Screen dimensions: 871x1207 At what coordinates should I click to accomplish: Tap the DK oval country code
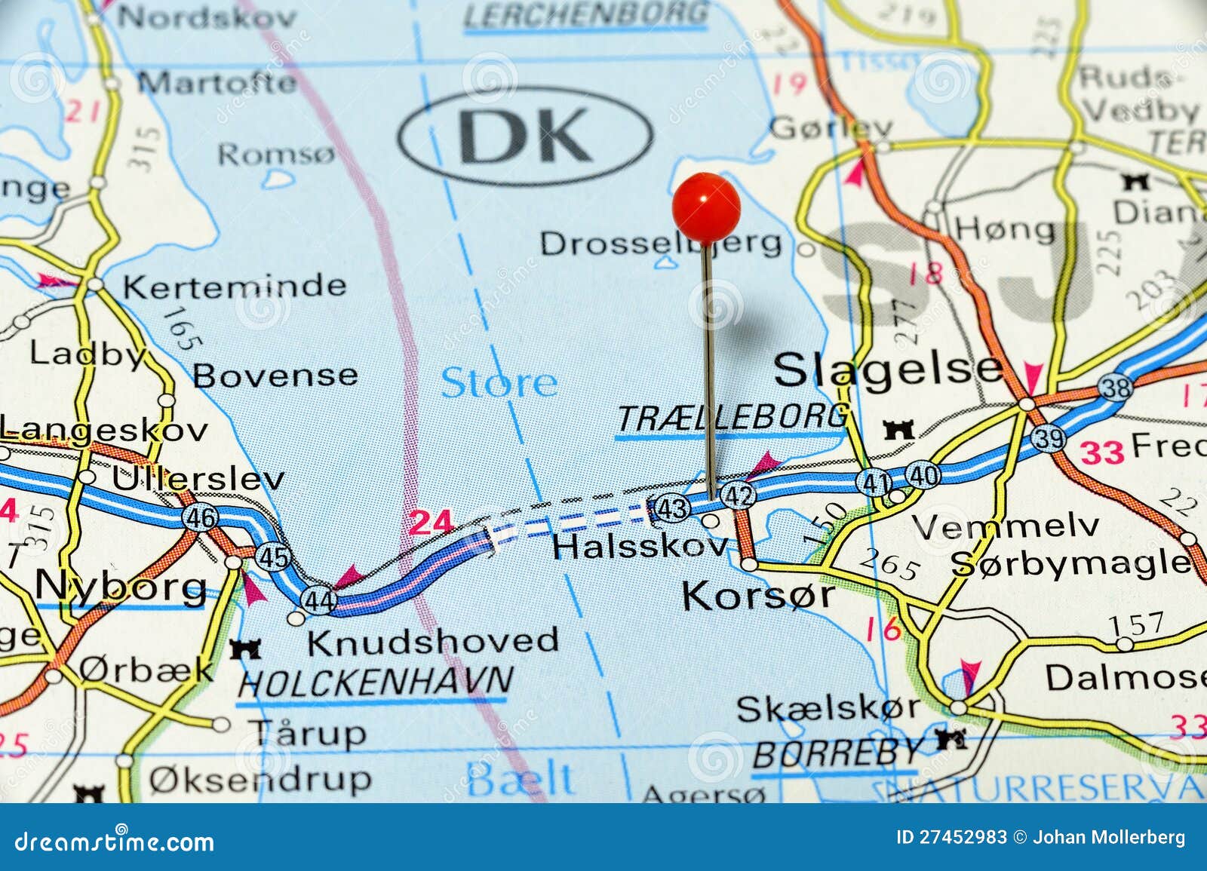pos(526,136)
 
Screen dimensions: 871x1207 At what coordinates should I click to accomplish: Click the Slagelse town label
pos(888,370)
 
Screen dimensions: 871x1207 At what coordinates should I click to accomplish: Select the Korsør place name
pos(758,596)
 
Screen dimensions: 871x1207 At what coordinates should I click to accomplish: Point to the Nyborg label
pos(121,586)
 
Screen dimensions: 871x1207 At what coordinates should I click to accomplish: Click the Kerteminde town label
pos(234,286)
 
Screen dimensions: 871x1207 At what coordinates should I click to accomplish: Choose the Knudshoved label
pos(432,642)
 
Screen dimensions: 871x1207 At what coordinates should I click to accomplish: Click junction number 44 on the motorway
pos(318,600)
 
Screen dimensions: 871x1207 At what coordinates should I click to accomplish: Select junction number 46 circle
pos(200,517)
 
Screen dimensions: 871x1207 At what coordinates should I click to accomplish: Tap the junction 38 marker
pos(1116,388)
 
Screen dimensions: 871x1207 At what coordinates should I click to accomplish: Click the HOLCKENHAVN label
pos(375,682)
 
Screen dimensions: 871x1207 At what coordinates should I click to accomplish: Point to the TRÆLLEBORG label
pos(732,417)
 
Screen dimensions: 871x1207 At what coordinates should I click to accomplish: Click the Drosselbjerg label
pos(661,243)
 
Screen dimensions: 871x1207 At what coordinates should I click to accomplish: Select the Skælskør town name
pos(828,709)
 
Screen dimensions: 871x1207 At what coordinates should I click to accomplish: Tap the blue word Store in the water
pos(499,382)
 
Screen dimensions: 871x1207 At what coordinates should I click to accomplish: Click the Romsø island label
pos(275,155)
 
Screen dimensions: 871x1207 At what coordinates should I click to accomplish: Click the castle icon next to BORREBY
pos(952,739)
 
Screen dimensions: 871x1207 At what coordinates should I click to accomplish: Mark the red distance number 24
pos(432,523)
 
